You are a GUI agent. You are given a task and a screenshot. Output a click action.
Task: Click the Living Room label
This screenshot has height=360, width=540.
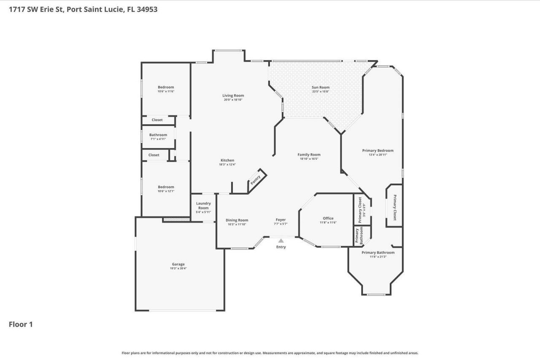233,95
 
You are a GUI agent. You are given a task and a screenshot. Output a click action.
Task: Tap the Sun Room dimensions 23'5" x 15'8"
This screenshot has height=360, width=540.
321,91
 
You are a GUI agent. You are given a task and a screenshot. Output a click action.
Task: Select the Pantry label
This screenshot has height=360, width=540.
256,180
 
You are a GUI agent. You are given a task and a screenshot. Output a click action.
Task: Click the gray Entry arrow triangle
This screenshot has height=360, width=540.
281,240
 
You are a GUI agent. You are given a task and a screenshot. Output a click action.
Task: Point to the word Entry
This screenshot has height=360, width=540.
281,247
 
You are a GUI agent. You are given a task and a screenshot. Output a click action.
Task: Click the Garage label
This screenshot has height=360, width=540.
178,264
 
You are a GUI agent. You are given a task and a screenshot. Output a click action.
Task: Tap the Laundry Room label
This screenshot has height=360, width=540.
203,205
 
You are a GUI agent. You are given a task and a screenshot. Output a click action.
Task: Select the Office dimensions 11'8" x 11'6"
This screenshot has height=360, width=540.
328,223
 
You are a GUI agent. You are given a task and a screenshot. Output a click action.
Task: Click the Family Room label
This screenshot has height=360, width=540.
309,155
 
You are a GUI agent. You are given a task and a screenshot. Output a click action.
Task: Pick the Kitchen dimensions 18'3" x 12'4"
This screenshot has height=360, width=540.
227,165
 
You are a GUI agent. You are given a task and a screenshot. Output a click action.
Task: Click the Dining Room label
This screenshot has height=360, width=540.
237,220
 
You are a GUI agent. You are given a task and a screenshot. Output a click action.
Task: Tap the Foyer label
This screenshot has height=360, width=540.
281,220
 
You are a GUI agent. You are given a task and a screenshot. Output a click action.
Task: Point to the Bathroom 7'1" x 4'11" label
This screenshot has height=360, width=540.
158,137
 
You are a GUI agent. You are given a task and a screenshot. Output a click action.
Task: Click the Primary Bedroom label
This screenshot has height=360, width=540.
378,150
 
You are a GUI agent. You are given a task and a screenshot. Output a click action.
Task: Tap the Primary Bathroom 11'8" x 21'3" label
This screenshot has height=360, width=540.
378,254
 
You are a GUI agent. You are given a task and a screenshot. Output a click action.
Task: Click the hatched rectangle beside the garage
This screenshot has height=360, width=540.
177,220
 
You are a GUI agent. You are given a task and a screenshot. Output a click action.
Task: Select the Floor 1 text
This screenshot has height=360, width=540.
21,324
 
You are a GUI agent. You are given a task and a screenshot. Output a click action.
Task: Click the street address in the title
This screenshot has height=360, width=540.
83,9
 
